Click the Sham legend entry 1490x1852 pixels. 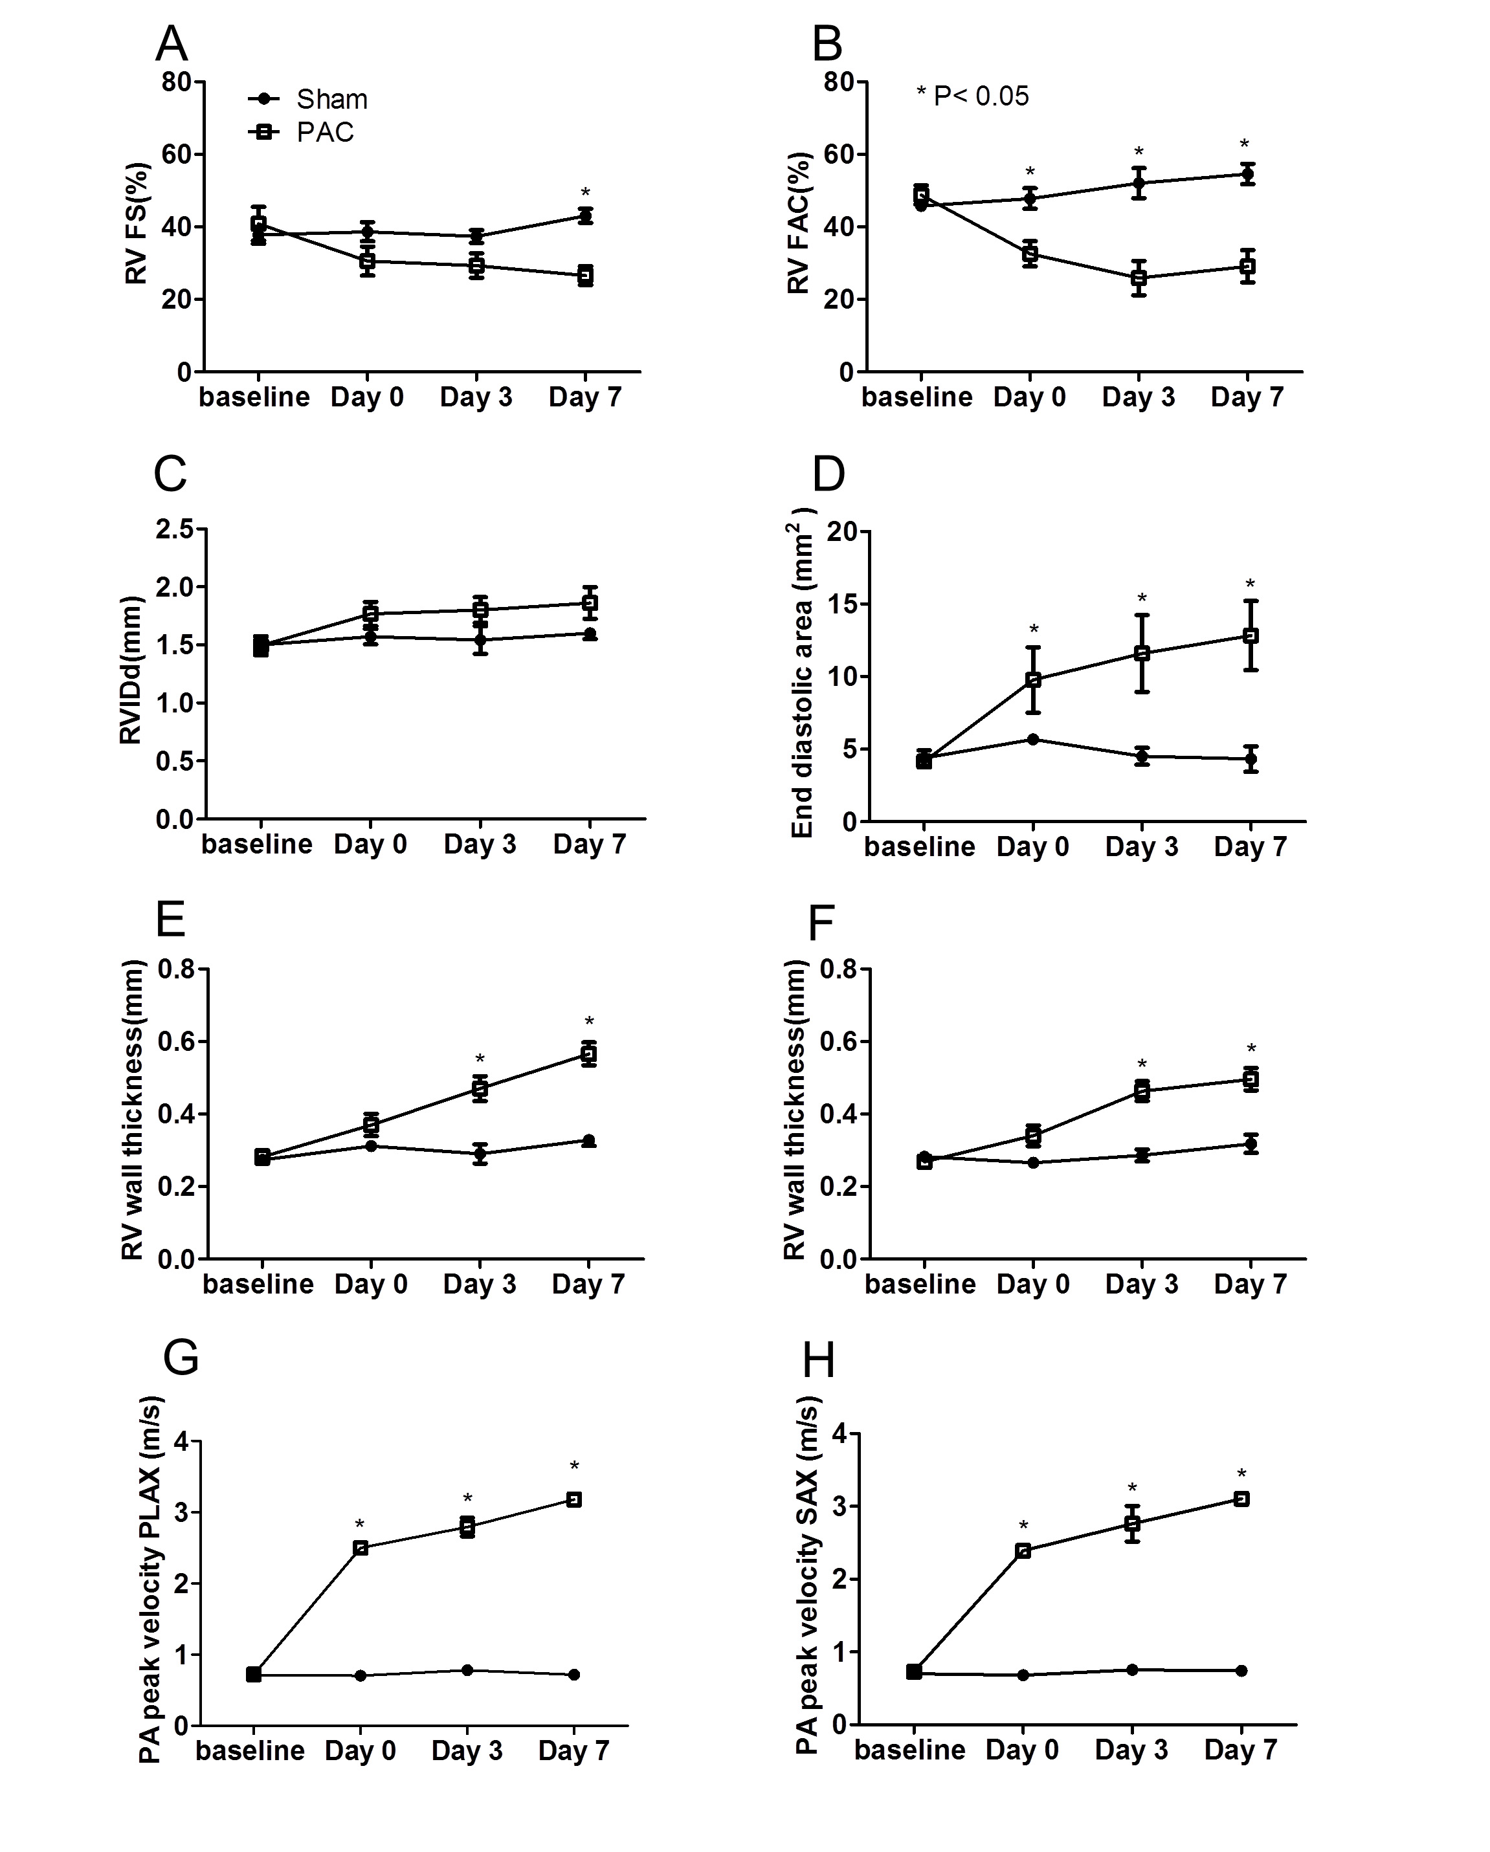point(331,100)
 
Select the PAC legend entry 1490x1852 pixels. point(325,132)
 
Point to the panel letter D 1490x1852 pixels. point(828,474)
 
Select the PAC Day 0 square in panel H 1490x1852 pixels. point(1023,1550)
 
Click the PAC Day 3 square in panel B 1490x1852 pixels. point(1139,278)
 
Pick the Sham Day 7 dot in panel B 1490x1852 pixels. point(1247,174)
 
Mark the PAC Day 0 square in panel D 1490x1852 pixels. point(1034,679)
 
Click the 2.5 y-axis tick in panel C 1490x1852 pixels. point(175,530)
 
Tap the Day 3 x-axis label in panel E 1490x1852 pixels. point(480,1284)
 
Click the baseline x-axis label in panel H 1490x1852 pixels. point(910,1750)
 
